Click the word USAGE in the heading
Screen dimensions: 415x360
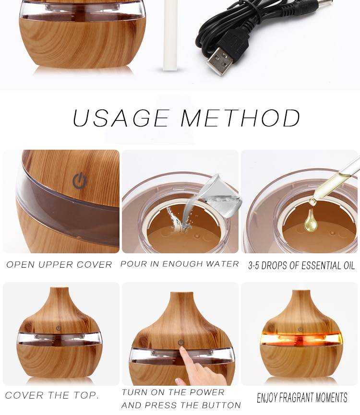pyautogui.click(x=120, y=119)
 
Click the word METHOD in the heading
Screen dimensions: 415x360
pyautogui.click(x=240, y=119)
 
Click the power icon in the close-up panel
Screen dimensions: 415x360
pyautogui.click(x=80, y=181)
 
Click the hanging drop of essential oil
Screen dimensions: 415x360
pyautogui.click(x=311, y=223)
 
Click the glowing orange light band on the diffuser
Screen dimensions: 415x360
pyautogui.click(x=301, y=339)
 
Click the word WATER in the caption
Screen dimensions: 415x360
pyautogui.click(x=225, y=264)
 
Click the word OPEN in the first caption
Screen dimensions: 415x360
pyautogui.click(x=22, y=264)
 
